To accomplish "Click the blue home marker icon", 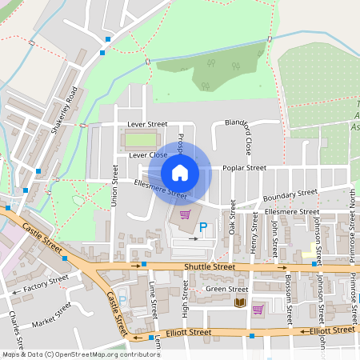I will coord(180,172).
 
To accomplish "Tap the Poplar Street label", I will coord(244,168).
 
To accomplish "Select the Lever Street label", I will coord(147,125).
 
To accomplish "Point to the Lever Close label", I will coord(148,154).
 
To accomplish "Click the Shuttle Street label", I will coord(209,266).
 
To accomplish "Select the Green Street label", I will coord(227,289).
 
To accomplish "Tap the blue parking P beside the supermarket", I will coord(203,228).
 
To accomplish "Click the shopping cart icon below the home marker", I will coord(186,214).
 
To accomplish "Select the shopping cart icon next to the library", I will coord(258,309).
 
